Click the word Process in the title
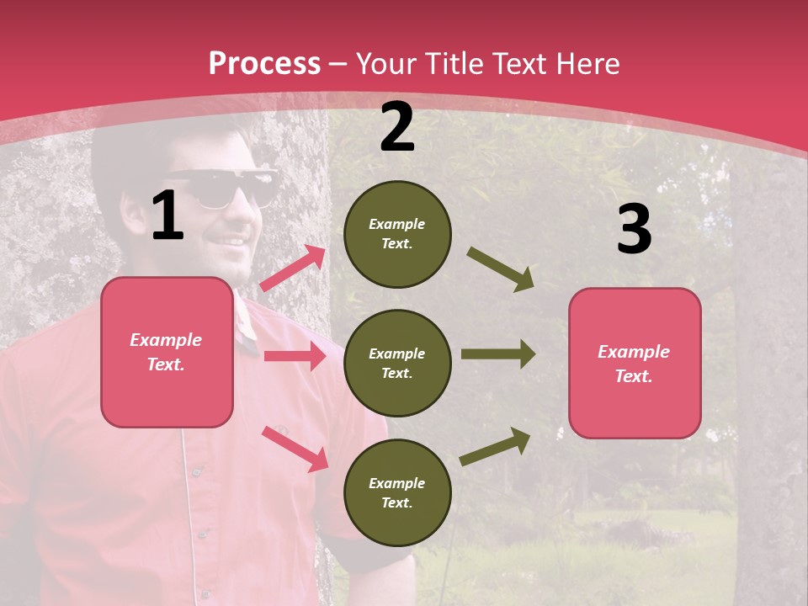point(264,64)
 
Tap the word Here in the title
point(583,64)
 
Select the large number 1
point(167,216)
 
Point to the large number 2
point(397,127)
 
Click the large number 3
point(634,230)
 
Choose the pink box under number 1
point(167,352)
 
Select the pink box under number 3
point(635,363)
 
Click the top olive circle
point(397,234)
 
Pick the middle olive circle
point(397,363)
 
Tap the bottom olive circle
point(397,492)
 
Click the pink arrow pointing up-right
point(293,268)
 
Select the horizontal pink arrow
point(295,356)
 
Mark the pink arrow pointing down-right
point(295,449)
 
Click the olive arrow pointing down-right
point(501,269)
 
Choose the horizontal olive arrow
point(498,354)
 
